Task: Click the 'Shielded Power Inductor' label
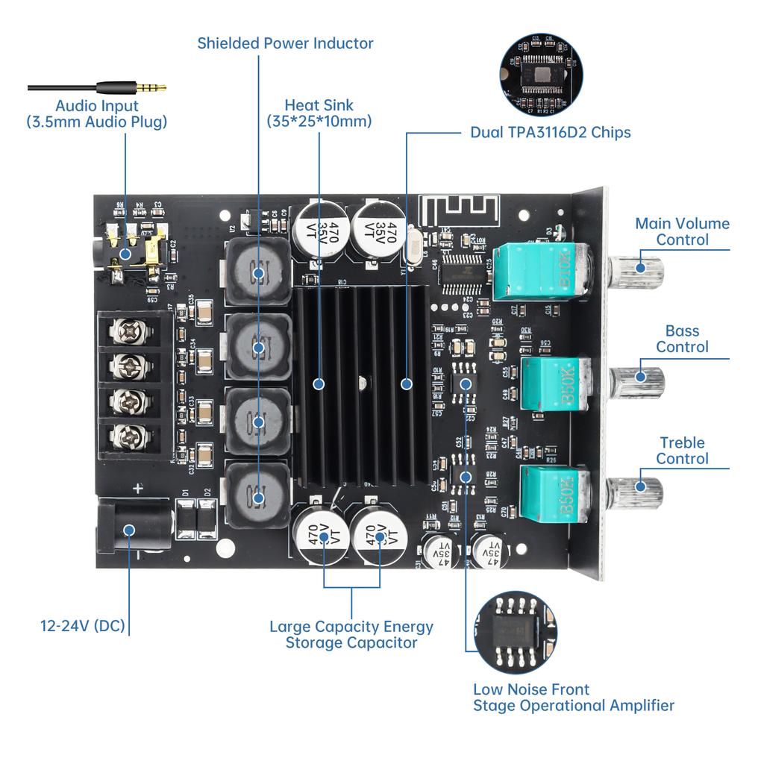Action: pyautogui.click(x=285, y=43)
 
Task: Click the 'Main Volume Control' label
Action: pyautogui.click(x=682, y=231)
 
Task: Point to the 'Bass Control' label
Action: pyautogui.click(x=682, y=339)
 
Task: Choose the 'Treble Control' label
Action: pyautogui.click(x=682, y=451)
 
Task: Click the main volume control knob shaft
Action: pyautogui.click(x=639, y=268)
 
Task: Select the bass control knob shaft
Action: pyautogui.click(x=639, y=377)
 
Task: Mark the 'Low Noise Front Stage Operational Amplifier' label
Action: pyautogui.click(x=573, y=698)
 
